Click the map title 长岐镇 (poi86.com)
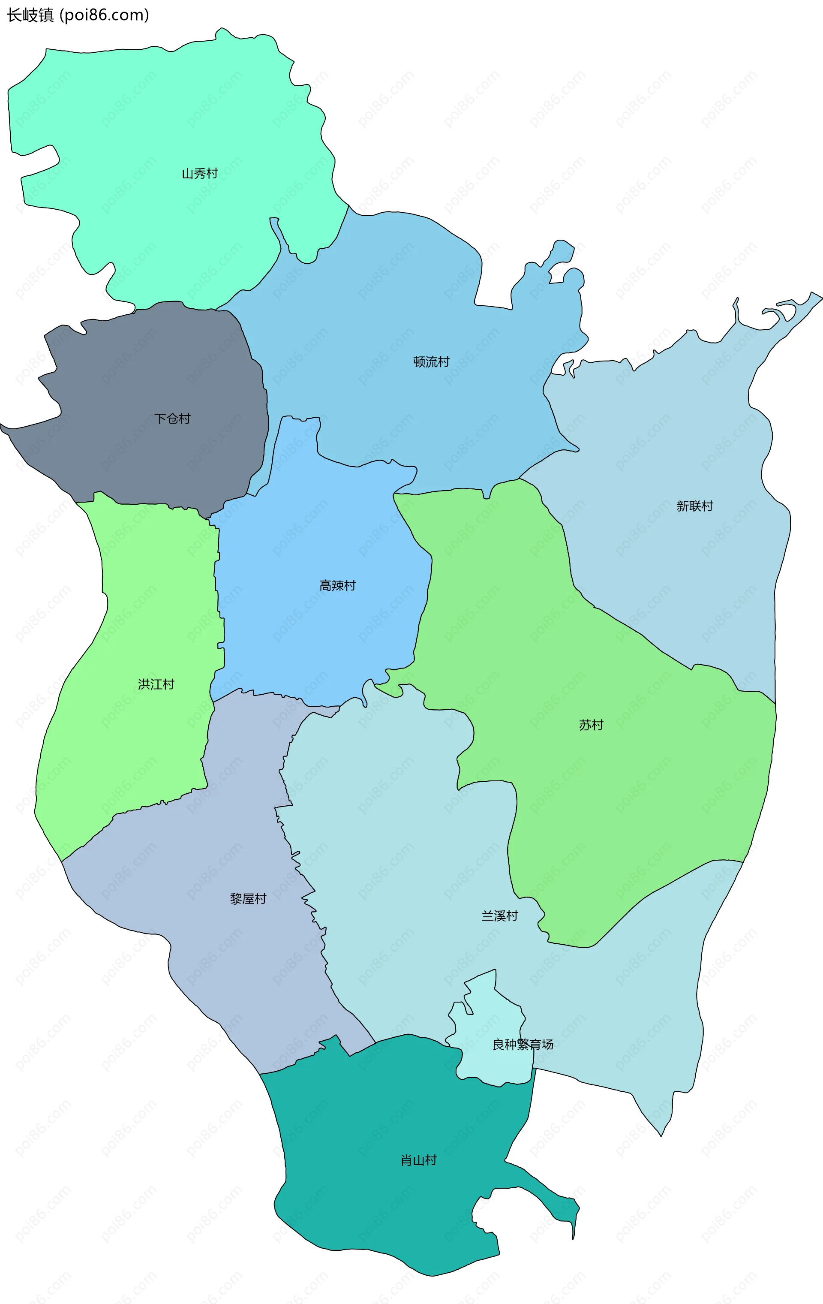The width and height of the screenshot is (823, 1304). pyautogui.click(x=78, y=15)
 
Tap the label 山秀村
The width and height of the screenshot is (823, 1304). pyautogui.click(x=199, y=174)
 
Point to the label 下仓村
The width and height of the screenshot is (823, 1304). pyautogui.click(x=172, y=419)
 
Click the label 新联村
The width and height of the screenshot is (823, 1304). pyautogui.click(x=695, y=506)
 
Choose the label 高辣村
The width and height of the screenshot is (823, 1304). pyautogui.click(x=337, y=585)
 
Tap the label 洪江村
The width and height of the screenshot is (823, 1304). pyautogui.click(x=156, y=684)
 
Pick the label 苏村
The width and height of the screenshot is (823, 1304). pyautogui.click(x=591, y=725)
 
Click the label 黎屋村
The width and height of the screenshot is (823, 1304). pyautogui.click(x=248, y=899)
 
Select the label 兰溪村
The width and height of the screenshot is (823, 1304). pyautogui.click(x=500, y=916)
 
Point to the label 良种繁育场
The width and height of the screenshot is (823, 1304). pyautogui.click(x=523, y=1044)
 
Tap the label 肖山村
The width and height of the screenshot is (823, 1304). pyautogui.click(x=418, y=1160)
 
